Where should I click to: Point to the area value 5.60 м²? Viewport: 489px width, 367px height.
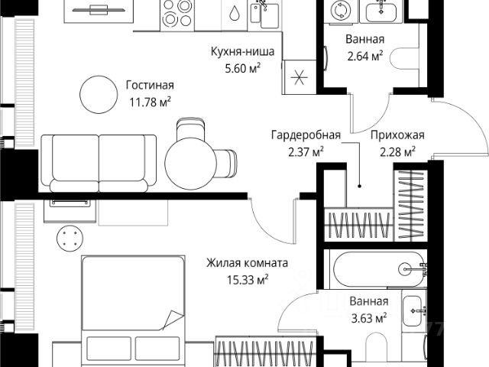coord(244,67)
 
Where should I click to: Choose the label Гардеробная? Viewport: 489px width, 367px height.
coord(305,135)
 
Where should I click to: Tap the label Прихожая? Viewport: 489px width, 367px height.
coord(397,135)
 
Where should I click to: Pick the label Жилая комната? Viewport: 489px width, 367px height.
coord(247,264)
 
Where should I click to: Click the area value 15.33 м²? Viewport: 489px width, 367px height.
coord(247,279)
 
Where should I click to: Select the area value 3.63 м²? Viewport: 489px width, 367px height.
coord(369,316)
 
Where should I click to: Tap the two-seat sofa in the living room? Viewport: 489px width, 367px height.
coord(98,161)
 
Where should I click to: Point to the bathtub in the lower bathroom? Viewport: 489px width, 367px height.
coord(377,268)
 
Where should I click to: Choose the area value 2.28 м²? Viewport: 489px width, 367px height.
coord(398,151)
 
